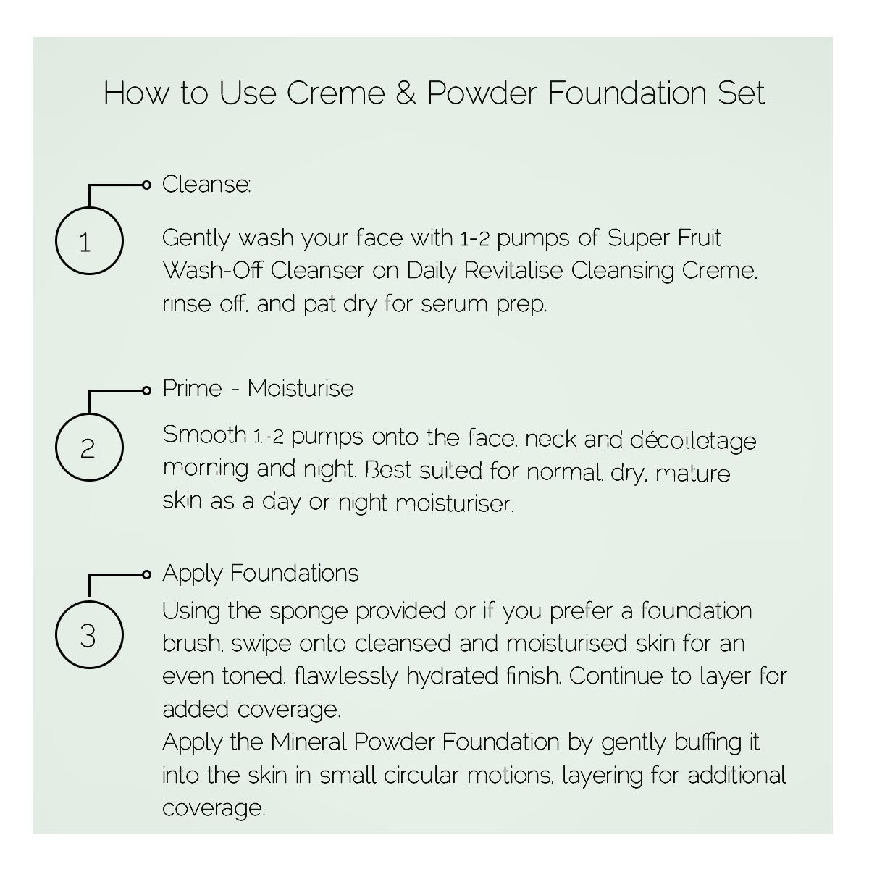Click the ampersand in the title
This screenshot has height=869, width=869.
tap(406, 93)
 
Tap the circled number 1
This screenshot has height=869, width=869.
tap(89, 241)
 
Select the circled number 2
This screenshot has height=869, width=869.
tap(89, 448)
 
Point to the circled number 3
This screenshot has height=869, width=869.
tap(89, 634)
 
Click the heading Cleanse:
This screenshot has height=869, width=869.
tap(206, 184)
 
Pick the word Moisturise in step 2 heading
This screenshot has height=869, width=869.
tap(301, 388)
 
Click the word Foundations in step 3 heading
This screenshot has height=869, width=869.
tap(295, 573)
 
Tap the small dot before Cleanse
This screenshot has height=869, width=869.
tap(146, 185)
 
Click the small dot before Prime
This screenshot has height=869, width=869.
tap(146, 390)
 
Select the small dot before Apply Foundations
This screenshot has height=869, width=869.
tap(146, 574)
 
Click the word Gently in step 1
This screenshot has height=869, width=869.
tap(196, 238)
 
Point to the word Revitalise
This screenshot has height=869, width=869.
tap(513, 271)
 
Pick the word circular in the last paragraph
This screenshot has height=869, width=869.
tap(421, 775)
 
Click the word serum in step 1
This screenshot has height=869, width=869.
tap(453, 304)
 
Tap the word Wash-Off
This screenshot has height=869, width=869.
tap(212, 271)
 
